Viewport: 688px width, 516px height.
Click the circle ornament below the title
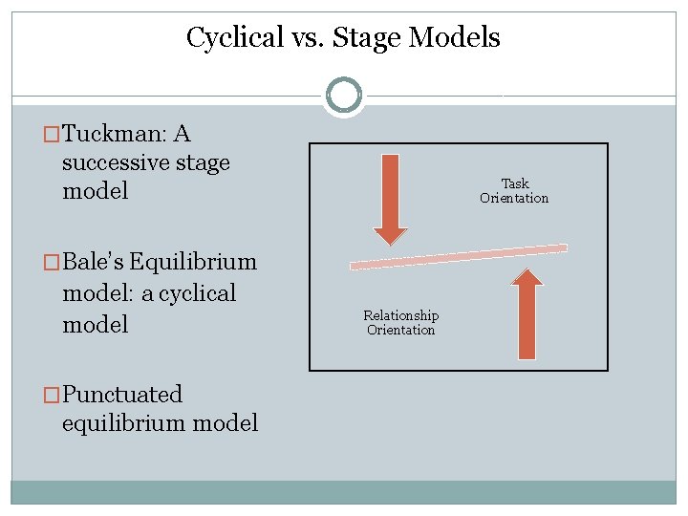tap(344, 96)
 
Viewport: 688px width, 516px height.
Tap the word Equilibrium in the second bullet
tap(193, 262)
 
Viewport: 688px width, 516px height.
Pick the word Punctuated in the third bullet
tap(122, 394)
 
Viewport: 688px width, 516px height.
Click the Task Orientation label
tap(514, 191)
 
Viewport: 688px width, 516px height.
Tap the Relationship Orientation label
tap(401, 323)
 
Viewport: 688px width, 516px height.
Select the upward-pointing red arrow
tap(527, 315)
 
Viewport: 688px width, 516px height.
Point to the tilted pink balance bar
tap(459, 256)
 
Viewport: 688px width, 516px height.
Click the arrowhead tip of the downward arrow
tap(390, 243)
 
